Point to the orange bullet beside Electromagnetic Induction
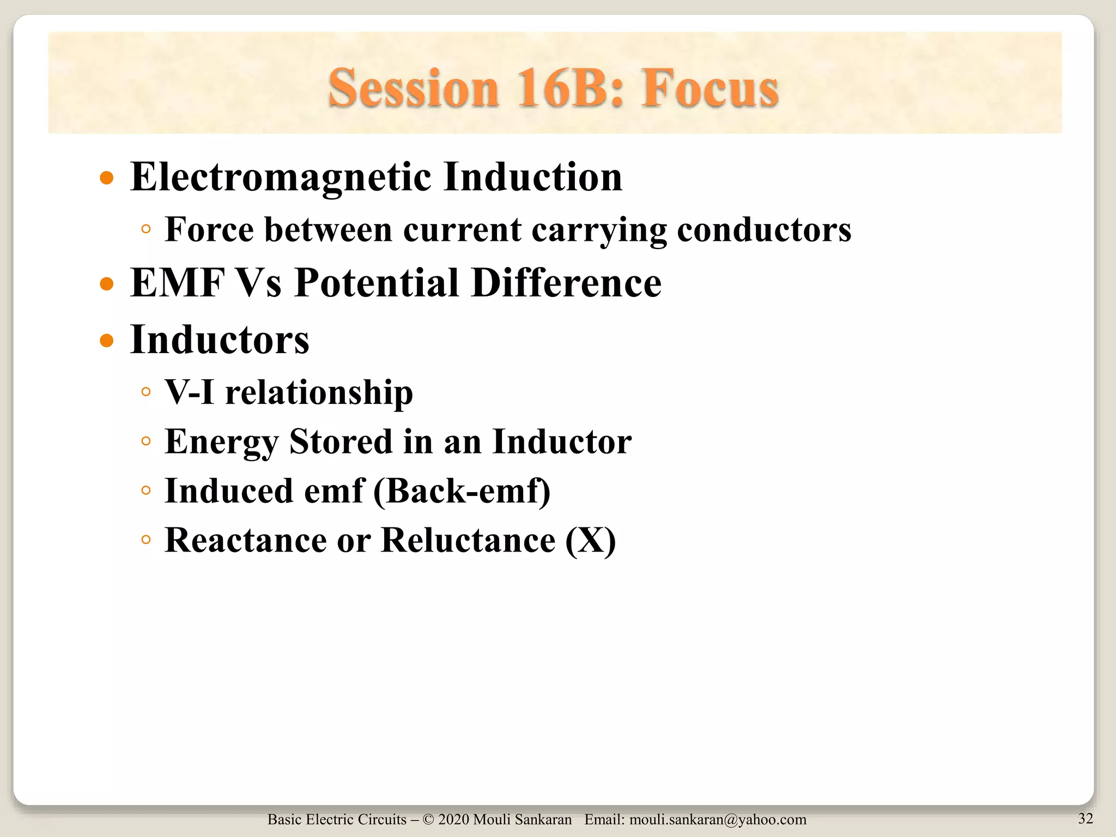[x=107, y=178]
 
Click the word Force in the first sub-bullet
[x=209, y=229]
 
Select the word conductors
[x=764, y=229]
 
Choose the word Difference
[x=566, y=283]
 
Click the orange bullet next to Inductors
[x=107, y=341]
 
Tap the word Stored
[x=341, y=441]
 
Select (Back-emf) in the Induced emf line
[x=462, y=491]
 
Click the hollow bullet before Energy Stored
[x=145, y=441]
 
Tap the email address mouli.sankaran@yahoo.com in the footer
[x=718, y=820]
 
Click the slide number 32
[x=1085, y=818]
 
